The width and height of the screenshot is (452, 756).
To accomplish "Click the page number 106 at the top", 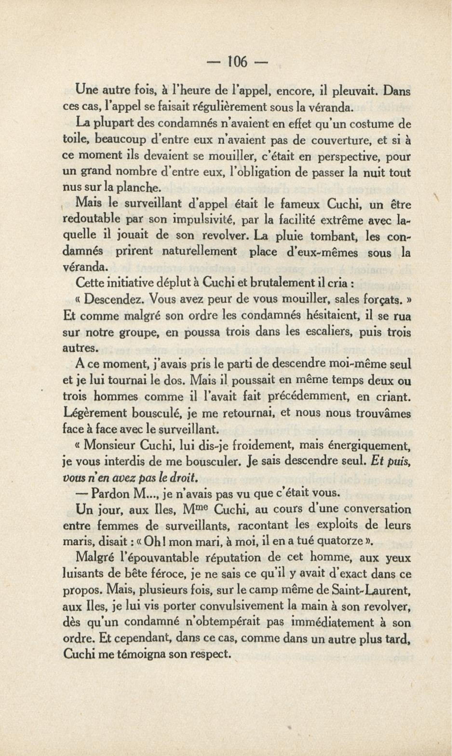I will tap(238, 62).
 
